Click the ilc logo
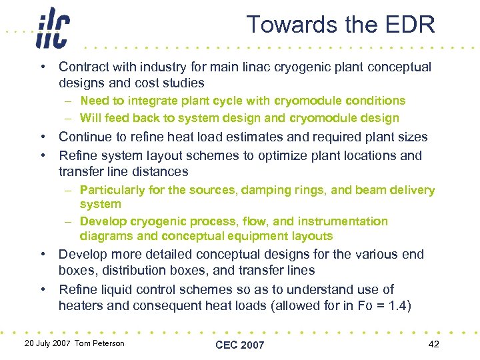pyautogui.click(x=53, y=28)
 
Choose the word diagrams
pyautogui.click(x=104, y=236)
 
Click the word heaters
pyautogui.click(x=80, y=305)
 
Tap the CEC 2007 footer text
pyautogui.click(x=239, y=345)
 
